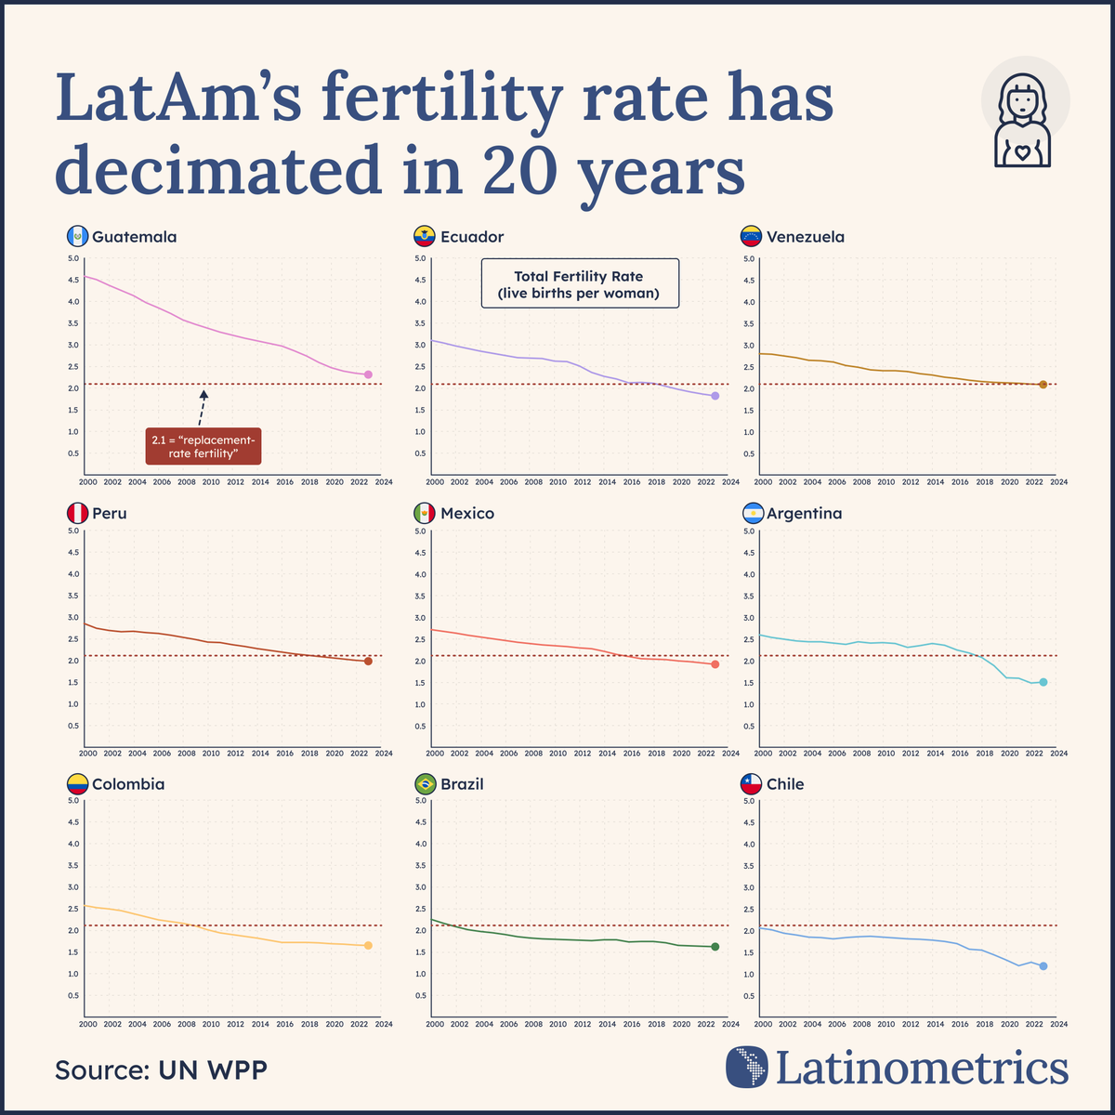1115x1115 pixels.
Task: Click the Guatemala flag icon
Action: [x=77, y=237]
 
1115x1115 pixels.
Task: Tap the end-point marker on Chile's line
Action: [x=1043, y=966]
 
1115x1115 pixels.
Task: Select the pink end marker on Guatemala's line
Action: [x=368, y=374]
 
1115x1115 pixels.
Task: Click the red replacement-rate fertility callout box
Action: [x=203, y=445]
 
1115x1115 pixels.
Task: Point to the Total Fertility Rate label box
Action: [x=580, y=283]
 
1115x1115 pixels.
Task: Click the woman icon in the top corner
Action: [x=1024, y=116]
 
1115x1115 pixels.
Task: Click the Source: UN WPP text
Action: [x=161, y=1069]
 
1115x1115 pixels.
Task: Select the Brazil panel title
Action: [x=462, y=784]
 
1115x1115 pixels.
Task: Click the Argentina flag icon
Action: [x=752, y=514]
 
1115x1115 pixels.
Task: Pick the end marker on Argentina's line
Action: [x=1043, y=682]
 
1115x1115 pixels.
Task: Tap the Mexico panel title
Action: [x=467, y=514]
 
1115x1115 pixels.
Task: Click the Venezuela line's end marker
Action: [x=1043, y=385]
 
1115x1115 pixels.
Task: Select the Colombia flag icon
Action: [x=77, y=784]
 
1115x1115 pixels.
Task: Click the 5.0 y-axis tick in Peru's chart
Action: [x=73, y=531]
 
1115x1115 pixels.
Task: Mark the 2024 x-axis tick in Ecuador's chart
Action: [x=730, y=482]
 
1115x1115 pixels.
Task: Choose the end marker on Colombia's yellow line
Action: [x=368, y=945]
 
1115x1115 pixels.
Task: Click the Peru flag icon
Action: [x=77, y=514]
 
